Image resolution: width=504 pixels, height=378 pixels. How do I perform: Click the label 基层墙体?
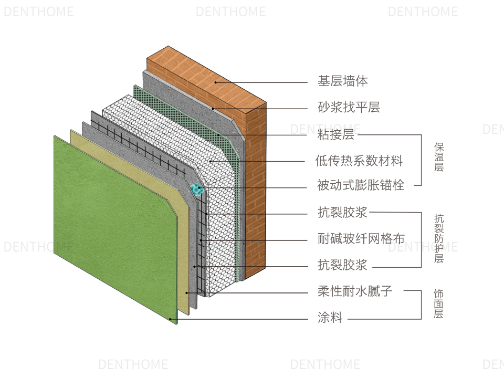[342, 81]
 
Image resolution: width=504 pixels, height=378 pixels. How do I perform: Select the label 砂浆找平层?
[349, 108]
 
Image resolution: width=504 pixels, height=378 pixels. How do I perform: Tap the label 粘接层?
[336, 134]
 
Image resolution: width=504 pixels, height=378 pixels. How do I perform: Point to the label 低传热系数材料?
[359, 160]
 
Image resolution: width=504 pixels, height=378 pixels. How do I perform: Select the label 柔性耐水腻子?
[355, 291]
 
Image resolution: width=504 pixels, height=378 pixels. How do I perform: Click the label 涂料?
[330, 318]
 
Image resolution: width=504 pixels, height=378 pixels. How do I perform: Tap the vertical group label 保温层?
[439, 157]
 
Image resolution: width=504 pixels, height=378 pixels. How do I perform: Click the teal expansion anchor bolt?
[196, 189]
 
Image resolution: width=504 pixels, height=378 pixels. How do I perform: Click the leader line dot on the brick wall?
[215, 82]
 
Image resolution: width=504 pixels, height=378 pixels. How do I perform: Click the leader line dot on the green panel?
[171, 318]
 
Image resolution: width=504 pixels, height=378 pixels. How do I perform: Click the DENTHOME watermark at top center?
[230, 12]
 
